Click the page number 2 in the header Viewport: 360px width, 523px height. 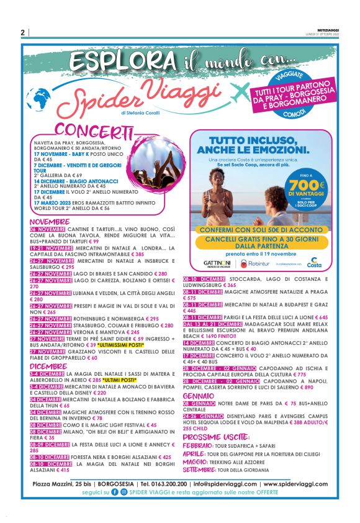22,32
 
